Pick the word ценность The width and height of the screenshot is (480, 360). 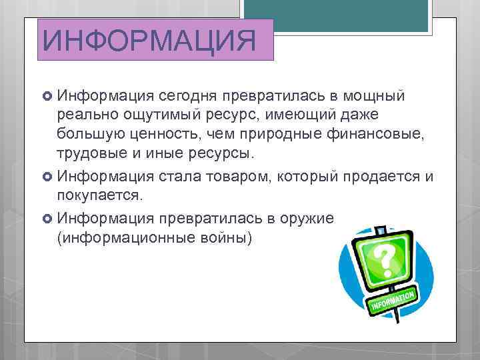coord(164,135)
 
